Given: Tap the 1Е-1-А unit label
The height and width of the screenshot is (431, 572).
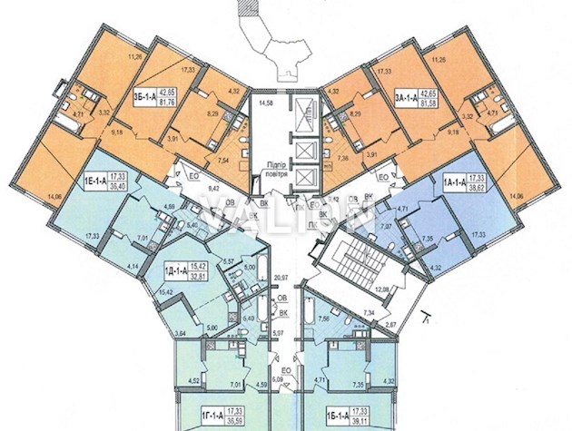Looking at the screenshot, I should (97, 179).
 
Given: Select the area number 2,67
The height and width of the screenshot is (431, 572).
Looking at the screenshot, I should (390, 324).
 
